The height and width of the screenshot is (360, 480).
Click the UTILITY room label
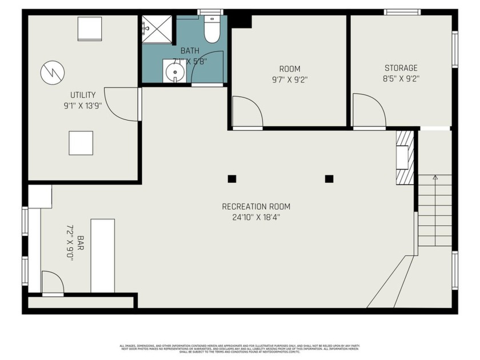pos(83,95)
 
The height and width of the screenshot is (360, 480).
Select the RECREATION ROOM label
pos(256,206)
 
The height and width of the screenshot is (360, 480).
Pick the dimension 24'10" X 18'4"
pos(256,217)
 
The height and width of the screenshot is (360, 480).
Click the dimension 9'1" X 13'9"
pos(83,106)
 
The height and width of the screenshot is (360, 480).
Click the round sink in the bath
pos(174,72)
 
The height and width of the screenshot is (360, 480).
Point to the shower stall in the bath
pos(157,29)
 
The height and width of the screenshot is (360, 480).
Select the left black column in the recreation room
pos(231,179)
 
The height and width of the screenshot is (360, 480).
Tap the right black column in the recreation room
pos(329,179)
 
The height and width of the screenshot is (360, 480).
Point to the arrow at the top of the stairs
pos(435,178)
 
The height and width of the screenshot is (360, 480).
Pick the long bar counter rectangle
pos(103,255)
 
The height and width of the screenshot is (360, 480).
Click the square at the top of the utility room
pos(90,29)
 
